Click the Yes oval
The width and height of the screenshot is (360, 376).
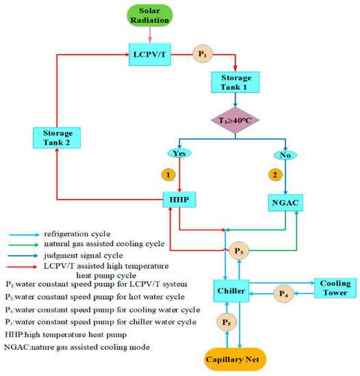click(x=180, y=154)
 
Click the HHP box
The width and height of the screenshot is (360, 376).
click(x=180, y=199)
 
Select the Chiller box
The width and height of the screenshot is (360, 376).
click(x=233, y=289)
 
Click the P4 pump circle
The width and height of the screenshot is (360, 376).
click(x=284, y=294)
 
